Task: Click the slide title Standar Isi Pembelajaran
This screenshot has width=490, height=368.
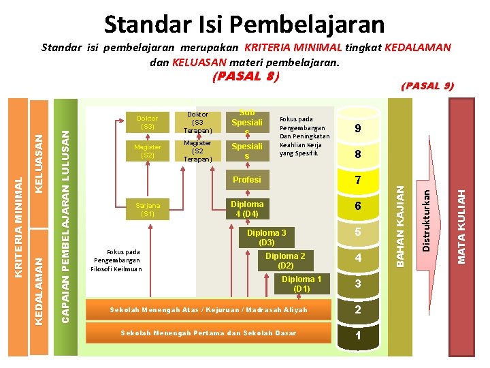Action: click(x=244, y=25)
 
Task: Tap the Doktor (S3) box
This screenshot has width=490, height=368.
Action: click(x=148, y=122)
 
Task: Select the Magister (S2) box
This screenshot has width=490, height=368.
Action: click(x=148, y=151)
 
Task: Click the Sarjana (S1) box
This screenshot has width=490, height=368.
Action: click(x=148, y=209)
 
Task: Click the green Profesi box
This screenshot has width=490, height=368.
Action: click(x=246, y=180)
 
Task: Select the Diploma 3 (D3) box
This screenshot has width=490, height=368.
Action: click(x=266, y=237)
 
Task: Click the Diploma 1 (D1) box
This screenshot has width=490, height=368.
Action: click(x=301, y=284)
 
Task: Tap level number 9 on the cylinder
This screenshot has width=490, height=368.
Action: click(x=357, y=129)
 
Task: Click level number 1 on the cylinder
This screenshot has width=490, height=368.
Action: click(x=357, y=337)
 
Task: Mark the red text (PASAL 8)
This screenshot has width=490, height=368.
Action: click(x=245, y=77)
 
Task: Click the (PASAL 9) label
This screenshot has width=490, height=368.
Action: click(x=427, y=86)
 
